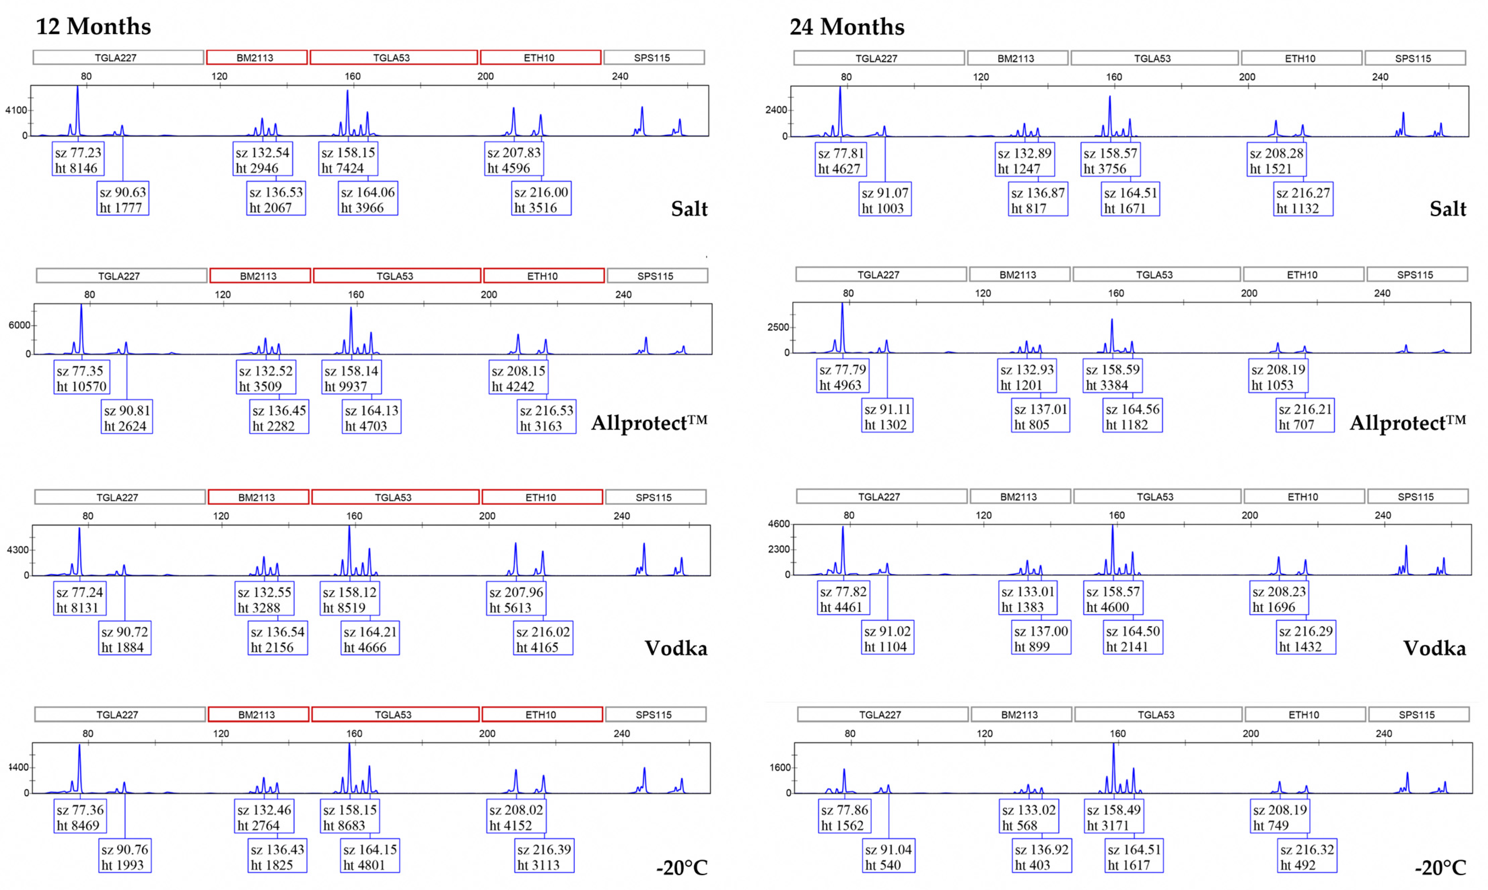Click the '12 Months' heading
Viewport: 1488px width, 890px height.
pos(94,26)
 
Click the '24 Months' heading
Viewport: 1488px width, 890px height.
pos(847,27)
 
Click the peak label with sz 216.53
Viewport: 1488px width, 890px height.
pos(547,418)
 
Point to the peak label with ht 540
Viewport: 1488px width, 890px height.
pos(888,857)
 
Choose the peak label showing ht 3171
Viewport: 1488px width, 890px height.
pos(1114,817)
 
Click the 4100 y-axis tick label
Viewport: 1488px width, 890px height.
pos(16,110)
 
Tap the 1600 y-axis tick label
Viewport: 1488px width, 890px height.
pos(780,768)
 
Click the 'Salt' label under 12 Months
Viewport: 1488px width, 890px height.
pos(689,209)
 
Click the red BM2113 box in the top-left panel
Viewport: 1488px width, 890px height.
pos(257,58)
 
